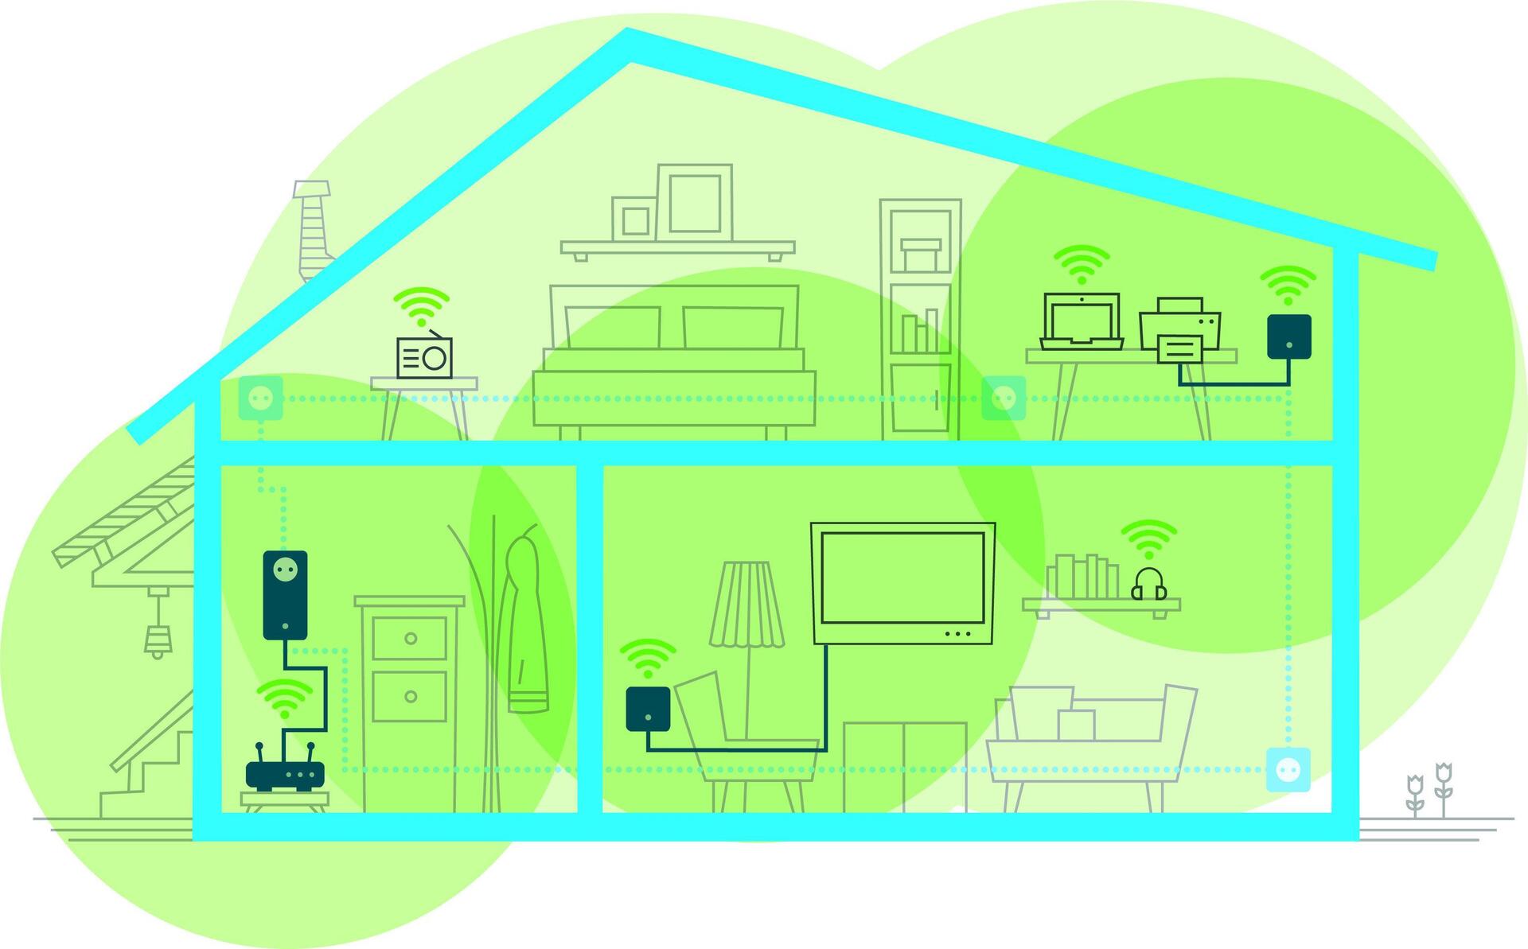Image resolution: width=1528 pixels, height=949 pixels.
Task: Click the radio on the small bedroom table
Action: (424, 357)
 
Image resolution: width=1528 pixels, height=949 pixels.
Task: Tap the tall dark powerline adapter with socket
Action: (285, 594)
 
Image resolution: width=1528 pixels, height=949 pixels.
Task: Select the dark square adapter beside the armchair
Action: (648, 709)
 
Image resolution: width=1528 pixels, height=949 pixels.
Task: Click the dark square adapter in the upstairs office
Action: (1288, 336)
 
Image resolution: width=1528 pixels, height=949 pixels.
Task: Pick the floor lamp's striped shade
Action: (746, 605)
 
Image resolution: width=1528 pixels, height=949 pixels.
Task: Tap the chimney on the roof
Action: (313, 230)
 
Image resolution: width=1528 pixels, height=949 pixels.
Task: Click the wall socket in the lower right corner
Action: (1288, 769)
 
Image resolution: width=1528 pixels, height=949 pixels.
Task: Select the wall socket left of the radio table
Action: (260, 398)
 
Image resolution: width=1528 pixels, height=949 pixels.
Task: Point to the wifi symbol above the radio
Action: (421, 306)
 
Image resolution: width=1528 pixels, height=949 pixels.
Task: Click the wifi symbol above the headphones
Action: (1148, 539)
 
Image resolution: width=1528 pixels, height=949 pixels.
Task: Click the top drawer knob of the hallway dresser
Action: (411, 638)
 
